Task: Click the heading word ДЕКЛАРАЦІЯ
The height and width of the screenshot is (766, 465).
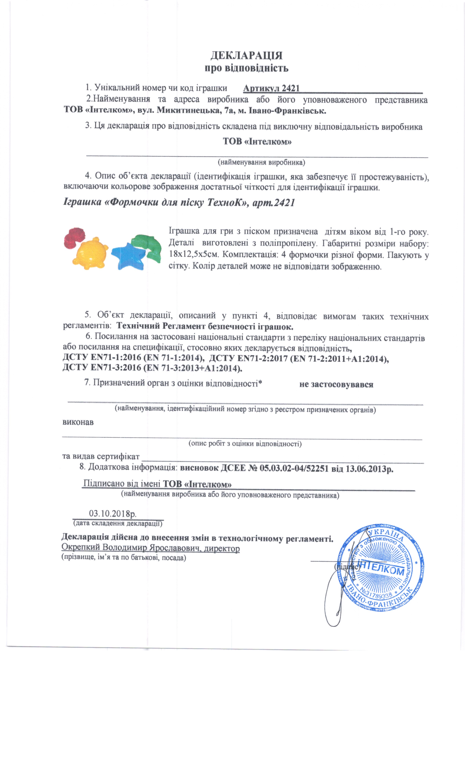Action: tap(247, 56)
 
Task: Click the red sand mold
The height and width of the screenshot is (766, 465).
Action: tap(74, 237)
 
